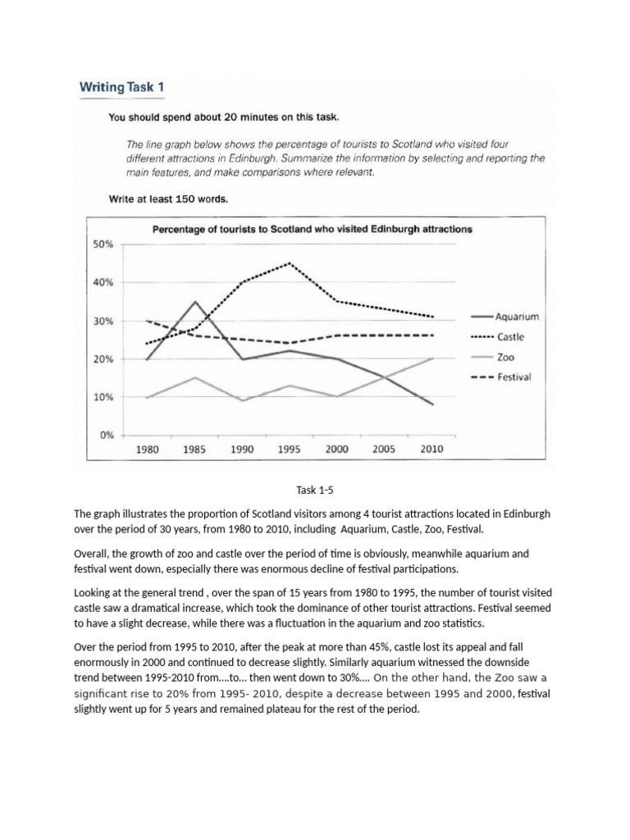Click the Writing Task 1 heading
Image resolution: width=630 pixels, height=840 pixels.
pos(126,86)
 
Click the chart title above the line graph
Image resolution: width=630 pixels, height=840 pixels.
pos(313,229)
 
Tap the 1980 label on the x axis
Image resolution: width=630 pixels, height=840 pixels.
pos(147,450)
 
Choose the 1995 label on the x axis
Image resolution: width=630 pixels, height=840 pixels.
pos(290,450)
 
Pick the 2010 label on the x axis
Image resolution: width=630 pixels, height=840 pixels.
pos(432,450)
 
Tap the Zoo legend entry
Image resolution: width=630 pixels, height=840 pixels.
pos(506,357)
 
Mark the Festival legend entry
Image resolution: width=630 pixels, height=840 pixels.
pos(514,377)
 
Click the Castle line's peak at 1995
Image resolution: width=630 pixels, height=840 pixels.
pos(290,263)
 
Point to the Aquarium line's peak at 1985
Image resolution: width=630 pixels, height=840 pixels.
pos(194,302)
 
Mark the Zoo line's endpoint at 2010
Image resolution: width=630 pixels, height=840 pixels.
pos(432,358)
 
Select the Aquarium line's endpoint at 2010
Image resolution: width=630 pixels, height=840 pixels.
pos(432,404)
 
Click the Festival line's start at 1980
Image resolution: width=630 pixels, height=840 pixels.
pos(147,321)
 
